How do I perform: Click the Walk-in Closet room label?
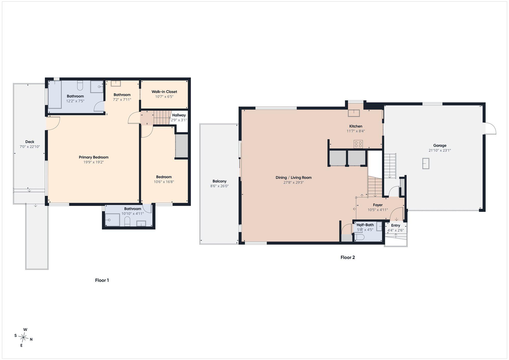(x=164, y=92)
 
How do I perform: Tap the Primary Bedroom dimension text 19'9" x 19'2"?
(x=94, y=162)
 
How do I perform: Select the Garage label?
(x=440, y=146)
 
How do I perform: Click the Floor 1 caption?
(x=102, y=280)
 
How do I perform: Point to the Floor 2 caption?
(x=348, y=257)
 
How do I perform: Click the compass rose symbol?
(x=24, y=338)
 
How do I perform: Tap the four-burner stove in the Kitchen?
(x=358, y=144)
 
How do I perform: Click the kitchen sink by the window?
(x=354, y=113)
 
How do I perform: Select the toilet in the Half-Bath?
(x=359, y=237)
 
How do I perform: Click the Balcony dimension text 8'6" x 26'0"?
(x=219, y=186)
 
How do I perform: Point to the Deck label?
(x=30, y=142)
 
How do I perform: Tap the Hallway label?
(x=179, y=115)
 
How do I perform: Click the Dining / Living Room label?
(x=293, y=178)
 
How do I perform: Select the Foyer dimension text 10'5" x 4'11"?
(x=378, y=210)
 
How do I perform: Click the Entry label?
(x=395, y=226)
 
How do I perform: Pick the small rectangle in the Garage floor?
(x=426, y=163)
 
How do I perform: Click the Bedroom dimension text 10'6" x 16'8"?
(x=164, y=182)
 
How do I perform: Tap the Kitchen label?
(x=356, y=126)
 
